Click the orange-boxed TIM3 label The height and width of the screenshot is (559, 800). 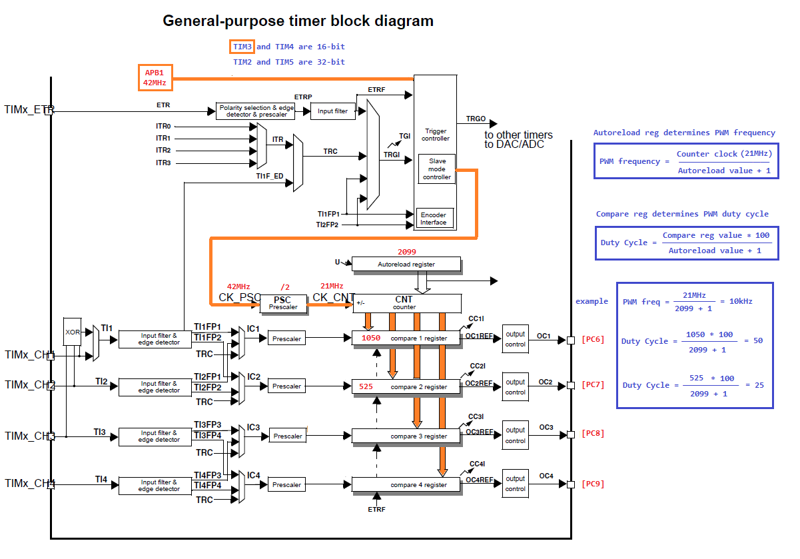point(242,47)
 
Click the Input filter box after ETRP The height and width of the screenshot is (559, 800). point(333,111)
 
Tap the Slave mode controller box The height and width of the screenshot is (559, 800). point(437,169)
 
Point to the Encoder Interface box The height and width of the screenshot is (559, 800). point(434,218)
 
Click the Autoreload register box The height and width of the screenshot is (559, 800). point(406,265)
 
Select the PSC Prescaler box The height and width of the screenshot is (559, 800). point(283,303)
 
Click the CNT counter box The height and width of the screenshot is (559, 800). point(406,303)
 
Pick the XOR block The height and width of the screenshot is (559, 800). point(72,331)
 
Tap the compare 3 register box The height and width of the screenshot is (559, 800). point(406,436)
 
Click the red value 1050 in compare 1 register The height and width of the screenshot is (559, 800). point(370,338)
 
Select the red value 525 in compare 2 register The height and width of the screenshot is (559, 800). point(366,386)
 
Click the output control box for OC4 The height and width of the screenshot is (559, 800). point(515,484)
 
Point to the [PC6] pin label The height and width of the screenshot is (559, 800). point(592,340)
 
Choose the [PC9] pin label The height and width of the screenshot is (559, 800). point(592,484)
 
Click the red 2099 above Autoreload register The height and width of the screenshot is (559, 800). point(407,252)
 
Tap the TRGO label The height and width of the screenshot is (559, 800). point(476,119)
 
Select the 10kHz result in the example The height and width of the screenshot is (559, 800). point(741,301)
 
